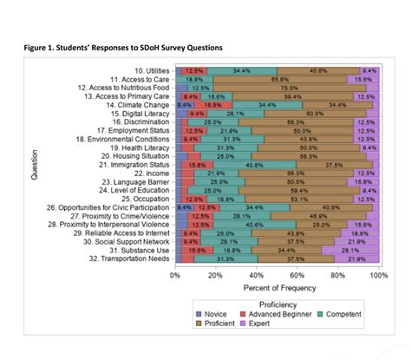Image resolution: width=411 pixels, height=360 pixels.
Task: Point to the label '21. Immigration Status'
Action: (x=135, y=164)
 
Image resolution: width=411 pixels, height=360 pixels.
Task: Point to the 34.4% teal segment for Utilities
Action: (x=242, y=69)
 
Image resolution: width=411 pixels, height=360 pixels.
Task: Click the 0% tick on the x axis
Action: (x=175, y=274)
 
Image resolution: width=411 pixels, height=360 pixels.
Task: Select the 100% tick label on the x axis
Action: (x=377, y=274)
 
